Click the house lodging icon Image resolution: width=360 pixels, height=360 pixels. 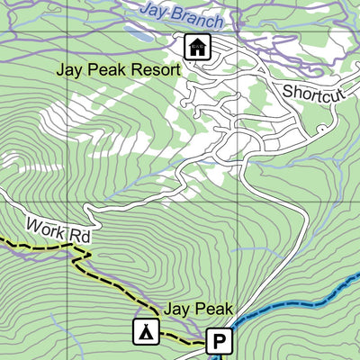(195, 46)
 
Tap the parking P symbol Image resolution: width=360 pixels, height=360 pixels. (220, 342)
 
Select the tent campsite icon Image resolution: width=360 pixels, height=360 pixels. (143, 331)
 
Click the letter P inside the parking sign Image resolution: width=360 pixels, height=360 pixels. (220, 342)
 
